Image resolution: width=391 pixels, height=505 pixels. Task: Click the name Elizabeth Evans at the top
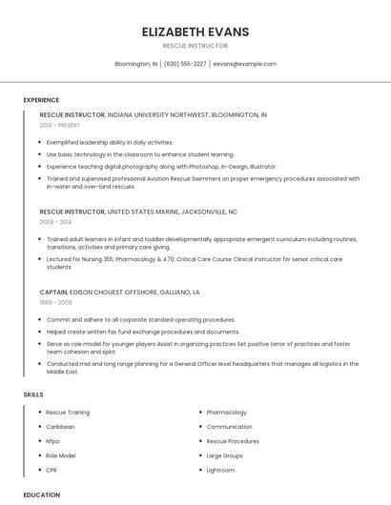point(195,31)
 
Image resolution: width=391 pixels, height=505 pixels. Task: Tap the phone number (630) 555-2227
point(185,64)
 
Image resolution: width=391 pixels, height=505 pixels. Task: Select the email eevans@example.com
point(244,64)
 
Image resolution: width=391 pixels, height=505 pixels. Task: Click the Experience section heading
point(41,100)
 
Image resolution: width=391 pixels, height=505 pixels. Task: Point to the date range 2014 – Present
point(60,125)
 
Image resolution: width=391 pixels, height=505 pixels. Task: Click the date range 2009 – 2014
point(55,221)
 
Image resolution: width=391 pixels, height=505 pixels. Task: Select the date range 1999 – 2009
point(55,301)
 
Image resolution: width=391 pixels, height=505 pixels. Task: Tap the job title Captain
point(53,292)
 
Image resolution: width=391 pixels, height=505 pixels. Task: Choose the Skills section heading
point(33,394)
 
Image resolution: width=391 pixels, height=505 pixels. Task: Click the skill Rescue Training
point(68,413)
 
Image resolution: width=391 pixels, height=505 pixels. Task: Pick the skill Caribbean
point(60,427)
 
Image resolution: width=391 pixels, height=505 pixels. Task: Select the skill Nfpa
point(52,441)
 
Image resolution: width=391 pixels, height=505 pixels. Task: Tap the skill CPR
point(51,470)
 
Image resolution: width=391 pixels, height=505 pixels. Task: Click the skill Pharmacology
point(226,413)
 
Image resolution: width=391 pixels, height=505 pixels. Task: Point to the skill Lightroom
point(220,470)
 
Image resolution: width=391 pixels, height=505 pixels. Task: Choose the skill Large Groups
point(225,455)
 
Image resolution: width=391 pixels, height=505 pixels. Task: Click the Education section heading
point(41,495)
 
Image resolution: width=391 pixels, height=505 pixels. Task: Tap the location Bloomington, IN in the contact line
point(135,64)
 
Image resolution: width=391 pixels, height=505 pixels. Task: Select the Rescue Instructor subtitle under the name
point(195,46)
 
